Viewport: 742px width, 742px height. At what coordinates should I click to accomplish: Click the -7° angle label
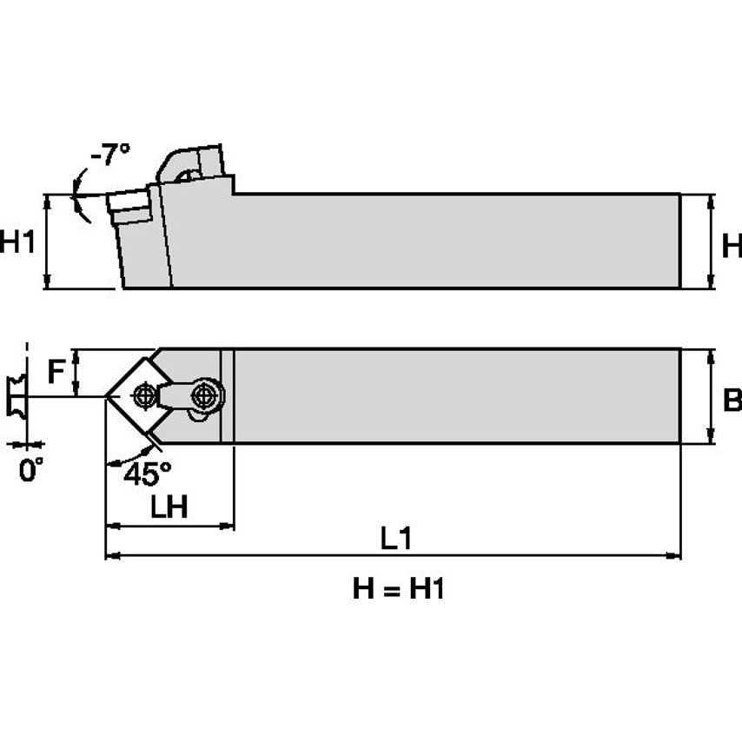111,156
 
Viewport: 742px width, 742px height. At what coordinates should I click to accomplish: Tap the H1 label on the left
18,242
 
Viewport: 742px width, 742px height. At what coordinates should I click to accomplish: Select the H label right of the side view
732,247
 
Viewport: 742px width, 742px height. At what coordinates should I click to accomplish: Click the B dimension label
732,400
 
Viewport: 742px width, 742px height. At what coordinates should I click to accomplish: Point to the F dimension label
56,374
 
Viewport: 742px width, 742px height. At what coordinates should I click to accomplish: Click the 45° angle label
147,474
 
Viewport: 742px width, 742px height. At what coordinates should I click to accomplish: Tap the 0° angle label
30,471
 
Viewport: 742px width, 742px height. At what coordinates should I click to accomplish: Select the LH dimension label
169,508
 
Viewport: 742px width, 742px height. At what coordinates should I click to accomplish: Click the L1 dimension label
396,539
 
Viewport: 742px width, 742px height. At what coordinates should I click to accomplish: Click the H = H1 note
399,590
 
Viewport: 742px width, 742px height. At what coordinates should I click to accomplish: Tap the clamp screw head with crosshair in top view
205,395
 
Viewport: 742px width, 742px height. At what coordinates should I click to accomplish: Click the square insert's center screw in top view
143,396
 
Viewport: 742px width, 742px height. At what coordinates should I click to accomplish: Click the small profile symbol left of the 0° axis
15,396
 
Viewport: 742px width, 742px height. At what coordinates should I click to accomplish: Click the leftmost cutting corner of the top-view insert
107,396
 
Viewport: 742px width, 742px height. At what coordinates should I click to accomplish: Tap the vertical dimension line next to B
712,397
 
